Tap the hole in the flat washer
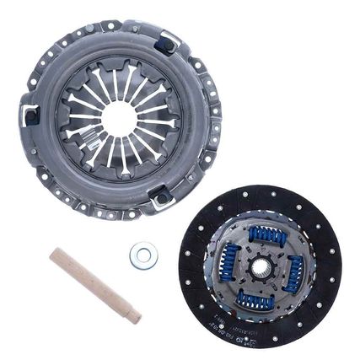pyautogui.click(x=142, y=255)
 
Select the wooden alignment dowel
pyautogui.click(x=94, y=283)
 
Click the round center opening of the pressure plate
pyautogui.click(x=119, y=117)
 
